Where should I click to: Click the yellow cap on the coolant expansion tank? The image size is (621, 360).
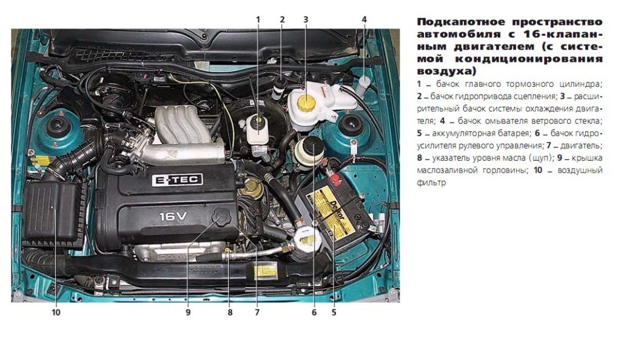[306, 102]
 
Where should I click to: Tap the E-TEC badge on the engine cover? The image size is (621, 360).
[178, 180]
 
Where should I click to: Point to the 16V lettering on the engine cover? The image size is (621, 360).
[173, 216]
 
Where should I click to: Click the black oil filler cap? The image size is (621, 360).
[223, 217]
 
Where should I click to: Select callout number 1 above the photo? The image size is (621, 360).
[258, 19]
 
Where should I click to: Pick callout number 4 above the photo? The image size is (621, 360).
[364, 19]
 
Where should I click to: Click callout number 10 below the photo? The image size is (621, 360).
[56, 313]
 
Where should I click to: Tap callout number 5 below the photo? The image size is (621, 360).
[334, 313]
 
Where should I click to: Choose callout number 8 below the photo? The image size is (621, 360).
[230, 313]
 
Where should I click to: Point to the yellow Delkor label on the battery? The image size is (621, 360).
[332, 213]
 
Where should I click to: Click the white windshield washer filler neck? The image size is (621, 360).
[363, 85]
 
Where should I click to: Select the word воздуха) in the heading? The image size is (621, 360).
[446, 72]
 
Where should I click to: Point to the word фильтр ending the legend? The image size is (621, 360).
[431, 183]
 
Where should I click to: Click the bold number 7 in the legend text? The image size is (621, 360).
[548, 145]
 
